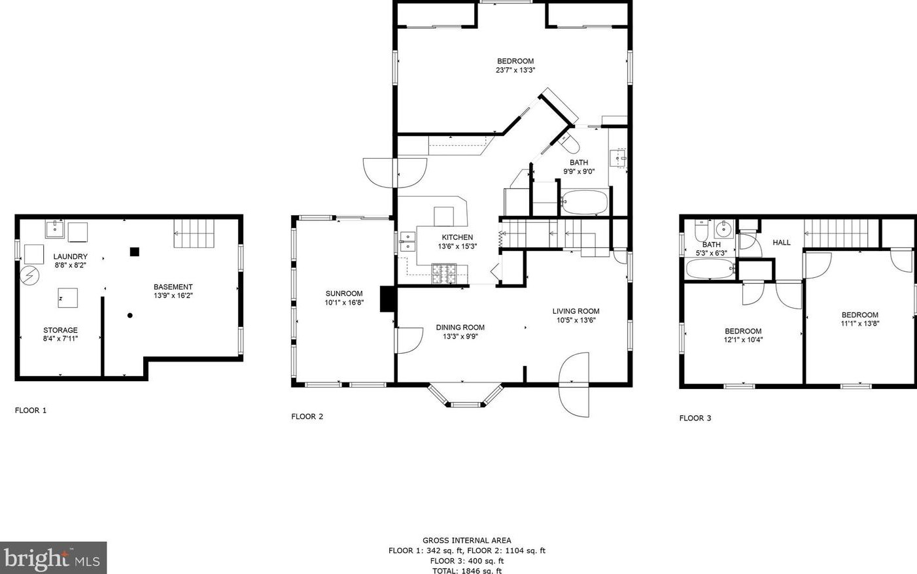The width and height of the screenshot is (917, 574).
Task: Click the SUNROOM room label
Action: [x=344, y=294]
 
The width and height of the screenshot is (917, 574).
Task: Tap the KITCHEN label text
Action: [x=457, y=238]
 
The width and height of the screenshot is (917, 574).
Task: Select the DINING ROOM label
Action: [x=460, y=328]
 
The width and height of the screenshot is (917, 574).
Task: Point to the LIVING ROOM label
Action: [x=576, y=311]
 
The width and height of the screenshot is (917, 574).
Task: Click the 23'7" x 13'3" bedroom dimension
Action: [x=515, y=70]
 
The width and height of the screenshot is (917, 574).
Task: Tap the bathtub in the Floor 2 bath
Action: [x=584, y=202]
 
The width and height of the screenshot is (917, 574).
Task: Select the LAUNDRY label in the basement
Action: [x=70, y=257]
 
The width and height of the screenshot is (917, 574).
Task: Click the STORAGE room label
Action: [x=60, y=330]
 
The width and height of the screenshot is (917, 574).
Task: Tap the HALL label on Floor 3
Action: [x=782, y=243]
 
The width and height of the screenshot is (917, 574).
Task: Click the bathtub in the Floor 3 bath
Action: [x=710, y=269]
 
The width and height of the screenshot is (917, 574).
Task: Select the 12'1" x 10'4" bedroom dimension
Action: [x=743, y=340]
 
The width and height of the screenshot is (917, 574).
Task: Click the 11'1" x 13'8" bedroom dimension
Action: [x=859, y=324]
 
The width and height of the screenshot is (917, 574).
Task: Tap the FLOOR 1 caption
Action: [x=31, y=411]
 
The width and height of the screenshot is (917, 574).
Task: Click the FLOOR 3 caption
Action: [x=695, y=418]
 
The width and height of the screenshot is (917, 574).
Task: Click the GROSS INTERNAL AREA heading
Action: [x=467, y=541]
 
